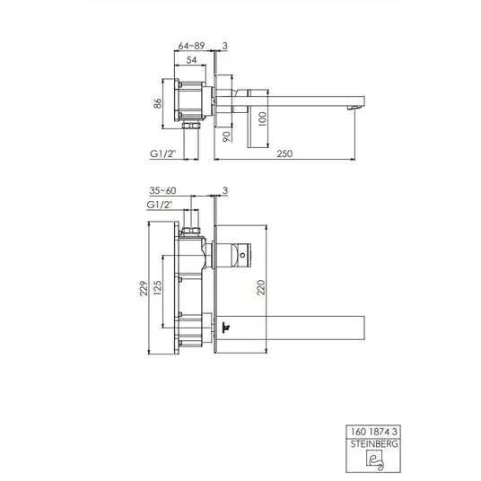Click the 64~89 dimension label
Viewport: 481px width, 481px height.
pos(191,46)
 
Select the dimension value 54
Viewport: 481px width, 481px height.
pos(191,60)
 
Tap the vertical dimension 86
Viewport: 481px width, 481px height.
pos(157,103)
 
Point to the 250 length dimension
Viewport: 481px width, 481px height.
pos(284,153)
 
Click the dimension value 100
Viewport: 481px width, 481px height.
pos(263,119)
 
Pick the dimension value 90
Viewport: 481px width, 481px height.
pos(226,136)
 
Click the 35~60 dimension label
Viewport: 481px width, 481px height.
pos(162,190)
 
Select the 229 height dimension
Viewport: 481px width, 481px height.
pos(144,288)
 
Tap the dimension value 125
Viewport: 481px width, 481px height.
pos(157,288)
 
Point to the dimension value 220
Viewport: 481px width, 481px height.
pos(261,287)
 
